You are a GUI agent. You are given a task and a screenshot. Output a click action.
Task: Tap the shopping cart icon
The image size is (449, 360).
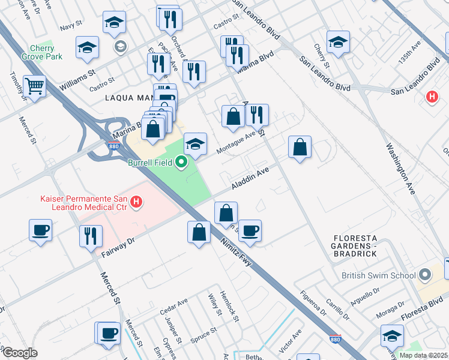(35, 86)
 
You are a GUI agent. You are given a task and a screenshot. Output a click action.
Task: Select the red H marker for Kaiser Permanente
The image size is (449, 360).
(136, 202)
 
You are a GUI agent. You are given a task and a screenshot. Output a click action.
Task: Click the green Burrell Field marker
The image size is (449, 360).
(181, 162)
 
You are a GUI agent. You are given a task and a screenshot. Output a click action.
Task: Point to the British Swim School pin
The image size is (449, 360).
(426, 276)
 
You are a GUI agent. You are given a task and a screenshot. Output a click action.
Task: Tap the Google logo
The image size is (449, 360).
(20, 352)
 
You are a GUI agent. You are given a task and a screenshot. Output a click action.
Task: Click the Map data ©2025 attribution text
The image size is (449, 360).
(423, 355)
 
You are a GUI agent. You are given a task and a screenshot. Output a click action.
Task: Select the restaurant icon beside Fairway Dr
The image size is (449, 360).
(91, 235)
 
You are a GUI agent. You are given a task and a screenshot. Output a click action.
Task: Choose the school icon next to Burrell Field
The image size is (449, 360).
(195, 144)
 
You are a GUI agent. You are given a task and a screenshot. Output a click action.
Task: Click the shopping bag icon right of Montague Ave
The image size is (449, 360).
(300, 147)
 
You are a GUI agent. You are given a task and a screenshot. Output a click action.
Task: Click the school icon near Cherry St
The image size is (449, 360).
(338, 43)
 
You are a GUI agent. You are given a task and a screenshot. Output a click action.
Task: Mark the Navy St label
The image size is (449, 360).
(71, 26)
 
